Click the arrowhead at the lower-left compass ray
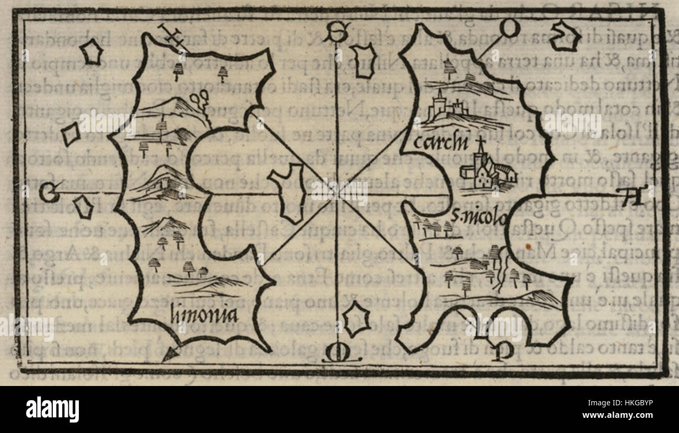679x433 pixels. pos(169,355)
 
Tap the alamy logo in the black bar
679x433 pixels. pos(52,409)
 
